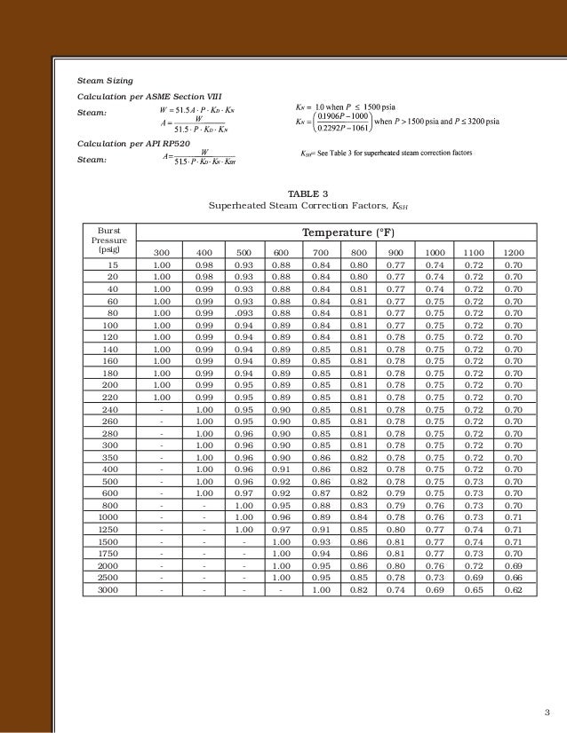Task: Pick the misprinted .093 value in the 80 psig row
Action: (244, 313)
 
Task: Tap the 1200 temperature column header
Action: (513, 253)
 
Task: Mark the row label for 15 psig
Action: (113, 265)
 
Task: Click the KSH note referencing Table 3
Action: (387, 154)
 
